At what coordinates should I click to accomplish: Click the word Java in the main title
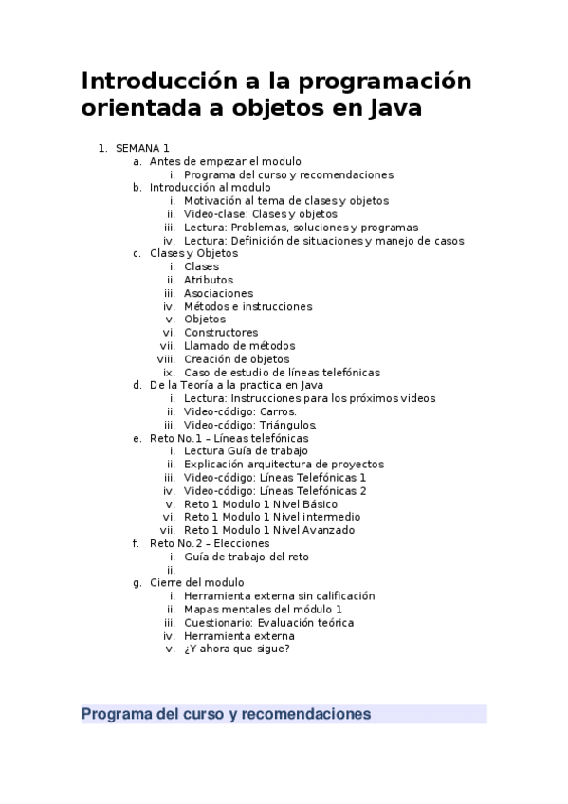tap(388, 109)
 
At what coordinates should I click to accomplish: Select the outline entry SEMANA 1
tap(142, 148)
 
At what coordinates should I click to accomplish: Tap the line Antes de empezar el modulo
tap(226, 161)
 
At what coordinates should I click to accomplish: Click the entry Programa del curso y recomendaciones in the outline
tap(288, 174)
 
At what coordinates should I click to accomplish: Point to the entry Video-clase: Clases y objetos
tap(260, 214)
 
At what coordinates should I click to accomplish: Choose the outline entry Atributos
tap(209, 280)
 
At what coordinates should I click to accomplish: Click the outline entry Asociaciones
tap(218, 293)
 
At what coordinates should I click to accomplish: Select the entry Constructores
tap(221, 333)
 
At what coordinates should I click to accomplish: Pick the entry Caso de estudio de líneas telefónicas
tap(282, 373)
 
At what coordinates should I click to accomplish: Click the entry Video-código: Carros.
tap(240, 411)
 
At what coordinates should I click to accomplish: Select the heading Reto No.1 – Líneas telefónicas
tap(229, 438)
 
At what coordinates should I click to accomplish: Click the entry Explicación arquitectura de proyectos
tap(284, 465)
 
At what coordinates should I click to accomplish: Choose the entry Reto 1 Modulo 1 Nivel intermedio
tap(272, 517)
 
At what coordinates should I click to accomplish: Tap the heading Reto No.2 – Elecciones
tap(210, 543)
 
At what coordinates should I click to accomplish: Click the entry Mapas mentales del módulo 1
tap(263, 609)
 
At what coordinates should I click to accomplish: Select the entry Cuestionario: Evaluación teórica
tap(268, 622)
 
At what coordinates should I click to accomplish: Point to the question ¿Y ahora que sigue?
tap(236, 649)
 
